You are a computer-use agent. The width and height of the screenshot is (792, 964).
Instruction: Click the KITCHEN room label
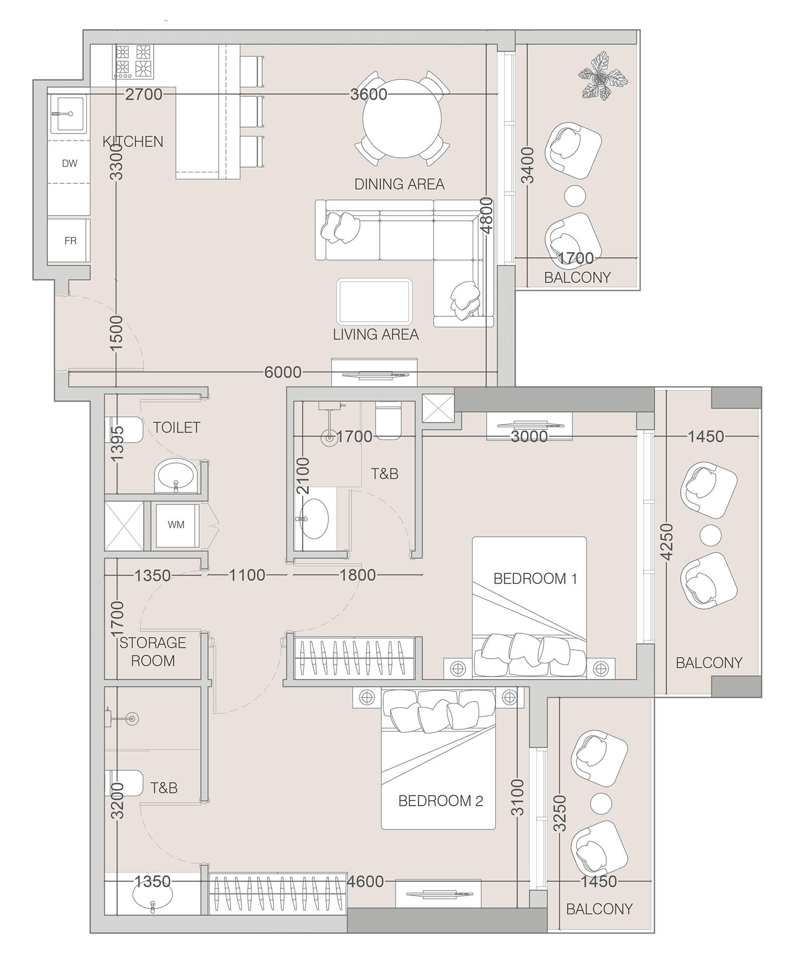pyautogui.click(x=133, y=142)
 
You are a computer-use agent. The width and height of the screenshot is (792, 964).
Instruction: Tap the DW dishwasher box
pyautogui.click(x=69, y=163)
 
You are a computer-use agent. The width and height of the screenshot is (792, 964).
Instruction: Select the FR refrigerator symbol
pyautogui.click(x=70, y=240)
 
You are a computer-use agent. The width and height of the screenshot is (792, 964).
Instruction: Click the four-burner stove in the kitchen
pyautogui.click(x=133, y=61)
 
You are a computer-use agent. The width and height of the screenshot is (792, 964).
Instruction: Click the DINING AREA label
pyautogui.click(x=399, y=184)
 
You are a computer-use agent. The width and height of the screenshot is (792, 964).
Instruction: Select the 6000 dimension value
pyautogui.click(x=283, y=372)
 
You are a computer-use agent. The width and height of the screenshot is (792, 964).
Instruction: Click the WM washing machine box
pyautogui.click(x=176, y=525)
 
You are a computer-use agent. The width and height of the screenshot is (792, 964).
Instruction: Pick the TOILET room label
pyautogui.click(x=176, y=427)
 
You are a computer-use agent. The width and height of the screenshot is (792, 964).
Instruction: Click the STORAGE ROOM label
pyautogui.click(x=153, y=652)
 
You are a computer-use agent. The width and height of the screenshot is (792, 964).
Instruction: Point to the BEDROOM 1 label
pyautogui.click(x=535, y=578)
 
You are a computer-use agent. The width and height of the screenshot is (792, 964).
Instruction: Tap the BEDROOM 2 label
pyautogui.click(x=440, y=800)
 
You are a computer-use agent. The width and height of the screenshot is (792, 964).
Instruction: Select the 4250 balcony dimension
pyautogui.click(x=666, y=541)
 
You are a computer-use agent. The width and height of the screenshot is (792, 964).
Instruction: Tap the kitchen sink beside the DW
pyautogui.click(x=69, y=113)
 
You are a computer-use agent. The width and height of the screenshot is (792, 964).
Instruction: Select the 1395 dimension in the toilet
pyautogui.click(x=117, y=444)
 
